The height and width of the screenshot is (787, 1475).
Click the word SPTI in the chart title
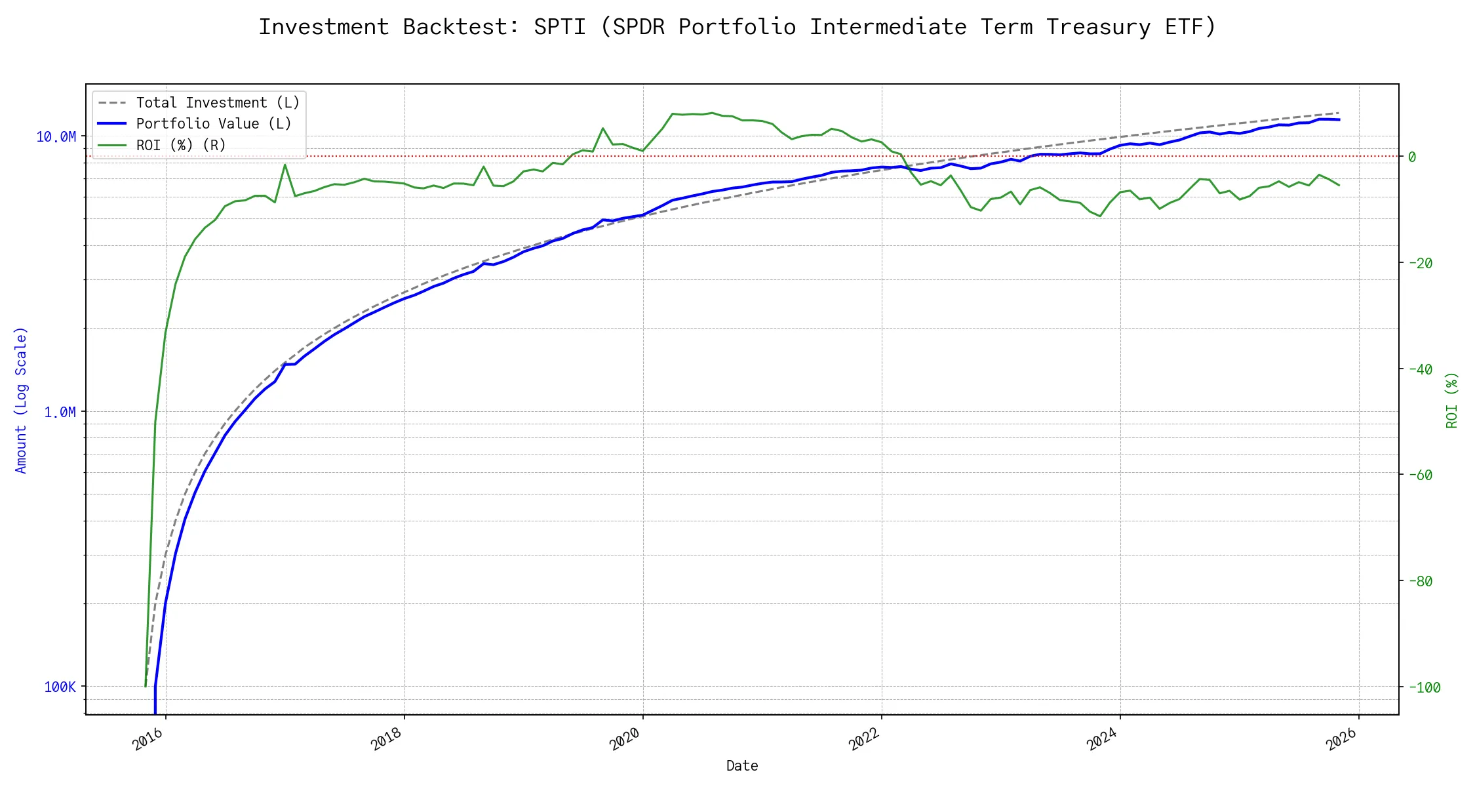[559, 27]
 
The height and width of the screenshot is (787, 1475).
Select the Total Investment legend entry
[217, 103]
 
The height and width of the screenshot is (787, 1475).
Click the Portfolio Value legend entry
[213, 124]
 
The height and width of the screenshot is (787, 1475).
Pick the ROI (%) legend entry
[180, 145]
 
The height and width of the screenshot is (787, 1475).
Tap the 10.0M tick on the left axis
[56, 136]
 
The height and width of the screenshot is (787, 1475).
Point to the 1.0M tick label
[60, 412]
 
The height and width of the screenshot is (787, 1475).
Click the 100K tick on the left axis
[60, 687]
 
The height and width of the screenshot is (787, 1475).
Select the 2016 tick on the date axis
[148, 740]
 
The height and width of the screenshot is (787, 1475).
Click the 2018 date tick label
[387, 740]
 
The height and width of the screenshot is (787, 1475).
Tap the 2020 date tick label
[625, 740]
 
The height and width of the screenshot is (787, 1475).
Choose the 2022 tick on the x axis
[864, 740]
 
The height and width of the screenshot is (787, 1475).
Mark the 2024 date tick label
[1103, 740]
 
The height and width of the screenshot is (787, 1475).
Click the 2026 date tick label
[1341, 740]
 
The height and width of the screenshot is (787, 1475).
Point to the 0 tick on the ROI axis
[1412, 157]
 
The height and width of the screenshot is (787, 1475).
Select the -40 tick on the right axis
[1419, 369]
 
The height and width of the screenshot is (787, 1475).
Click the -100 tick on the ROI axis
[1423, 687]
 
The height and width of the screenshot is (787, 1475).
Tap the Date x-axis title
[742, 766]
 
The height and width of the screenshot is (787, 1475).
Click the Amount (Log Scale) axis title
[21, 400]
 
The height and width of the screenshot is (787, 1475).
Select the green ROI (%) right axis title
[1452, 400]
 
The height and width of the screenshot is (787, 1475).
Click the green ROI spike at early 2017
[285, 165]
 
